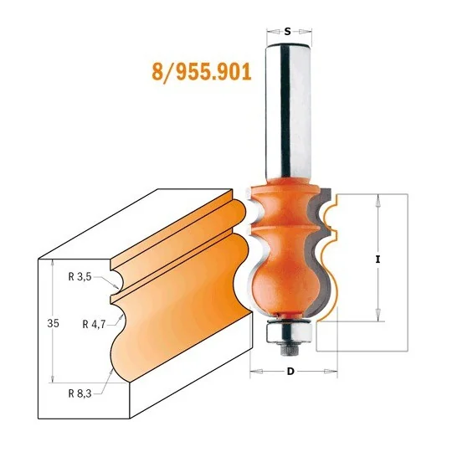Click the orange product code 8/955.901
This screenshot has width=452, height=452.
pyautogui.click(x=202, y=72)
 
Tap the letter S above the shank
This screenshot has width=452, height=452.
pyautogui.click(x=287, y=32)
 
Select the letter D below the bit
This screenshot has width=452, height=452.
pyautogui.click(x=290, y=372)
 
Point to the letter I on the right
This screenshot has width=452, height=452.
pyautogui.click(x=378, y=259)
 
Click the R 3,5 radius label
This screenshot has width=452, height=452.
pyautogui.click(x=80, y=277)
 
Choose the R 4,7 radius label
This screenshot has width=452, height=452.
pyautogui.click(x=94, y=325)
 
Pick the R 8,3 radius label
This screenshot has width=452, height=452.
pyautogui.click(x=80, y=393)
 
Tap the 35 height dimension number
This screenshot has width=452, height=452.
pyautogui.click(x=53, y=323)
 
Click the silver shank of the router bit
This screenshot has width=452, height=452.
pyautogui.click(x=289, y=111)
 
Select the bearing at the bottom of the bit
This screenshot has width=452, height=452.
pyautogui.click(x=289, y=331)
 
